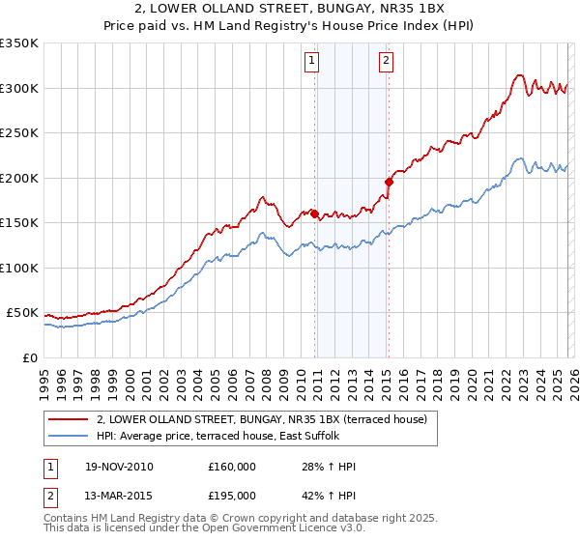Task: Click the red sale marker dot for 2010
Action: pos(315,214)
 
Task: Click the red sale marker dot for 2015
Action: pos(389,181)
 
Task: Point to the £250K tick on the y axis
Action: pos(19,133)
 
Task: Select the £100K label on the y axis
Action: pos(19,268)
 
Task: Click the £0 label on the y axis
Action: pos(29,357)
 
